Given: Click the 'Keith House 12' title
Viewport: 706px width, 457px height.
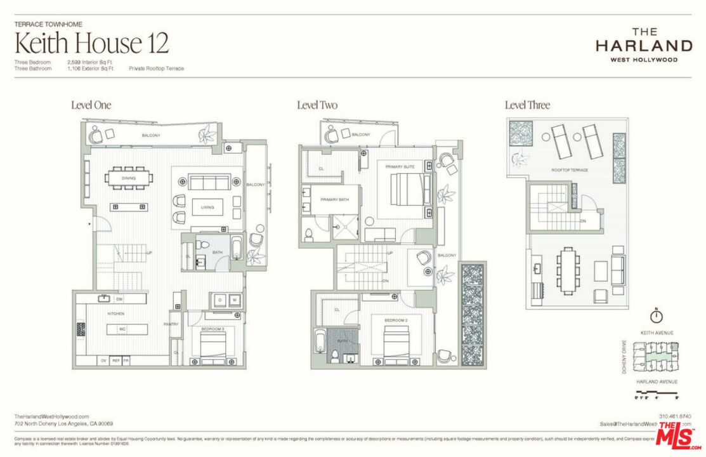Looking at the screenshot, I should [91, 43].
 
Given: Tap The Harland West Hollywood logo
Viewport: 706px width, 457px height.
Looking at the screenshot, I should [643, 44].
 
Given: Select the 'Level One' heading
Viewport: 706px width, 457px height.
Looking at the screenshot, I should [91, 105].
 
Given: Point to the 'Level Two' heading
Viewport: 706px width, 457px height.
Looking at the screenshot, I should [317, 105].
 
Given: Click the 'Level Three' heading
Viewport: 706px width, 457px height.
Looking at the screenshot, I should [527, 105].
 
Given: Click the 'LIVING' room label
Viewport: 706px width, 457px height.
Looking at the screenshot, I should [207, 208].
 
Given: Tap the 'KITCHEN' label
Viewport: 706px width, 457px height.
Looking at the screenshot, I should [115, 314].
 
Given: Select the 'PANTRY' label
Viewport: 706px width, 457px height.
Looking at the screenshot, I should [171, 324].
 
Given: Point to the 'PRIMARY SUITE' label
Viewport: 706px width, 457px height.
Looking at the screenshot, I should [400, 166].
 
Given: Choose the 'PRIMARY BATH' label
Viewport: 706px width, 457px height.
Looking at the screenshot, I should [334, 199].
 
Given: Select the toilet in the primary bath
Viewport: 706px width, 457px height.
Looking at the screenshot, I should [309, 234].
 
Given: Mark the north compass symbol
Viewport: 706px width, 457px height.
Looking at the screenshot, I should [657, 315].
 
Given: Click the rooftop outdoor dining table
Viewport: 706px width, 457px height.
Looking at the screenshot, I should [567, 272].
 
